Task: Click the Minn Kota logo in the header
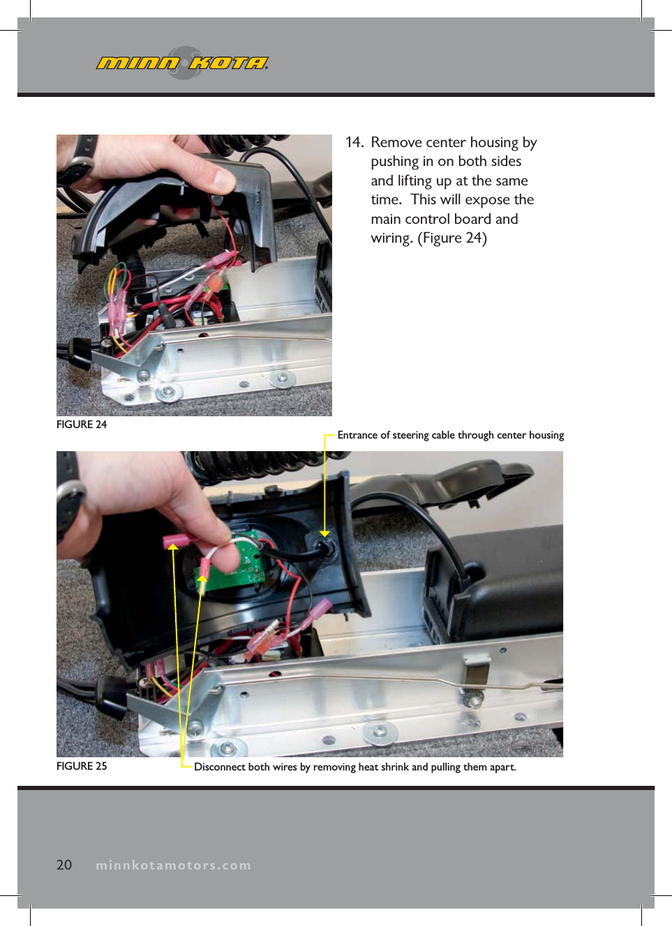pos(183,63)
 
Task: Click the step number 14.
pos(354,142)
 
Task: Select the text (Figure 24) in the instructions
pos(451,238)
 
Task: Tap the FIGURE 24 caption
pos(82,425)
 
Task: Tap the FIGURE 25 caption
pos(82,766)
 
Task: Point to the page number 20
pos(64,865)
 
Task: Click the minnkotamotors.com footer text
pos(173,865)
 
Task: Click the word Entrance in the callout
pos(357,435)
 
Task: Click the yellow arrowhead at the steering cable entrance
pos(324,533)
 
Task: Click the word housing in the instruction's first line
pos(494,142)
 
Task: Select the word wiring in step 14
pos(391,238)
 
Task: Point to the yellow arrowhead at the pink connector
pos(172,546)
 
